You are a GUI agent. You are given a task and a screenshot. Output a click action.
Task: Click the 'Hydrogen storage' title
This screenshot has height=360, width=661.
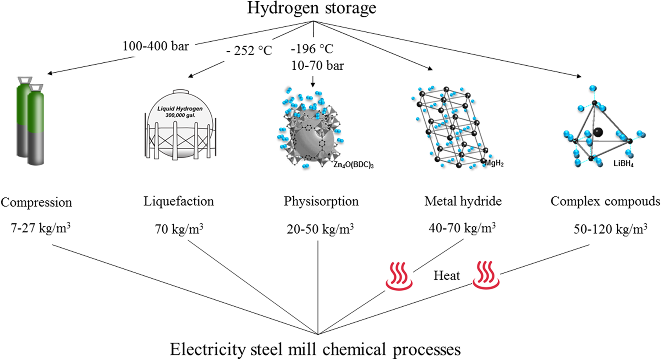coord(312,8)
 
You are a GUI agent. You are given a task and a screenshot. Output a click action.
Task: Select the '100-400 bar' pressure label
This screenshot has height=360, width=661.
coord(156,46)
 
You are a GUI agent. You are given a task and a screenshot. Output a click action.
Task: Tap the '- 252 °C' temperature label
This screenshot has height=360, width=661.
coord(249,51)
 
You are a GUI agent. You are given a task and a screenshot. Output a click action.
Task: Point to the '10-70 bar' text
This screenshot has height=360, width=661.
coord(317,65)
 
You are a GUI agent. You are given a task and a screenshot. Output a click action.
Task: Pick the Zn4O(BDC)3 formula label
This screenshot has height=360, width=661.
coord(353,165)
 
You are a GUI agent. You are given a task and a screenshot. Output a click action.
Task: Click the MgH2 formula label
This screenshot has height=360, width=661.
coord(494,163)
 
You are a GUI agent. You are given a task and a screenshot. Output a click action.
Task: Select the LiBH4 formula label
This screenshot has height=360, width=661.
coord(623,163)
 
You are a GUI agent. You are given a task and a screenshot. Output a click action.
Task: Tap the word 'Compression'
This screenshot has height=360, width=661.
coord(36,202)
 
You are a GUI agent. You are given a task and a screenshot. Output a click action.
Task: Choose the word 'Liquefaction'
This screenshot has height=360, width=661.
coord(178,201)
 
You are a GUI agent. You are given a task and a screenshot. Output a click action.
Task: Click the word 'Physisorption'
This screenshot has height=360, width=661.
coord(321,201)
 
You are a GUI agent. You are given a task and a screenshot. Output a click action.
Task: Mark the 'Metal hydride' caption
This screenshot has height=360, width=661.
coord(463,201)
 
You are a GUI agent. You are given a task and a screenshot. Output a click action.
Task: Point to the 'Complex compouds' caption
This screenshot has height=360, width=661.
coord(605,201)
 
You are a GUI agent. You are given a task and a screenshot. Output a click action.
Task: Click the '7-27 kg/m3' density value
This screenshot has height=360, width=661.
coord(40,228)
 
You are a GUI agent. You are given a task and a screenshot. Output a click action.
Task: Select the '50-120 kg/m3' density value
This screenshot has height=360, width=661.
coord(610,229)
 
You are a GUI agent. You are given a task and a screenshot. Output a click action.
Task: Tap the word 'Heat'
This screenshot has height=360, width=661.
coord(447,275)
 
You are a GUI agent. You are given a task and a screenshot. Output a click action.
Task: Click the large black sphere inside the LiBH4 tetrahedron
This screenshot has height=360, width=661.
coord(598,132)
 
